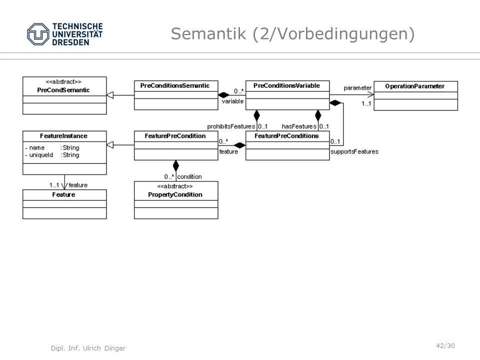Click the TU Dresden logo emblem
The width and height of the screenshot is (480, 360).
coord(38,34)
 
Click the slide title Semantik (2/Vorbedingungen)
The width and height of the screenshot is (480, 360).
coord(292,33)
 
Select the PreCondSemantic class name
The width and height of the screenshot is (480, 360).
coord(63,90)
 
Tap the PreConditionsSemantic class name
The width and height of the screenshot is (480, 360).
coord(175,85)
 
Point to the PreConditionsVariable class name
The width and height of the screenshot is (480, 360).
coord(286,85)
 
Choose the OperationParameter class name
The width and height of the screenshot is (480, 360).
coord(415,86)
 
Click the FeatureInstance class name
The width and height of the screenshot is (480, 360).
coord(63,136)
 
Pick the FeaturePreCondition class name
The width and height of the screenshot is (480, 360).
coord(175,136)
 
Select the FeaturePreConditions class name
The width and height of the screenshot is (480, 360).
coord(286,136)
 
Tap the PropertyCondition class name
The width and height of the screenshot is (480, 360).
coord(175,194)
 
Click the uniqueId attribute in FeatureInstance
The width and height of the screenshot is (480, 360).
coord(41,155)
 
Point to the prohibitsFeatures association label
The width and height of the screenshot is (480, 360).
coord(231,126)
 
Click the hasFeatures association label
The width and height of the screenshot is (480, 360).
coord(299,126)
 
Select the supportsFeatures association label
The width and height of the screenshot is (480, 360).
coord(354,151)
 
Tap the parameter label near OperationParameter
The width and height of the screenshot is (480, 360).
coord(357,88)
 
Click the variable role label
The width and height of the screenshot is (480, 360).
coord(232,101)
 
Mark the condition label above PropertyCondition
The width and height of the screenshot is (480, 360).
coord(189,176)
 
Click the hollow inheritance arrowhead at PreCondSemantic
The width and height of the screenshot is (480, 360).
coord(110,95)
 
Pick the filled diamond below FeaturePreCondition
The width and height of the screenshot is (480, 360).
coord(175,165)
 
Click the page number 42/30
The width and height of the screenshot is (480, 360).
coord(445,346)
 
